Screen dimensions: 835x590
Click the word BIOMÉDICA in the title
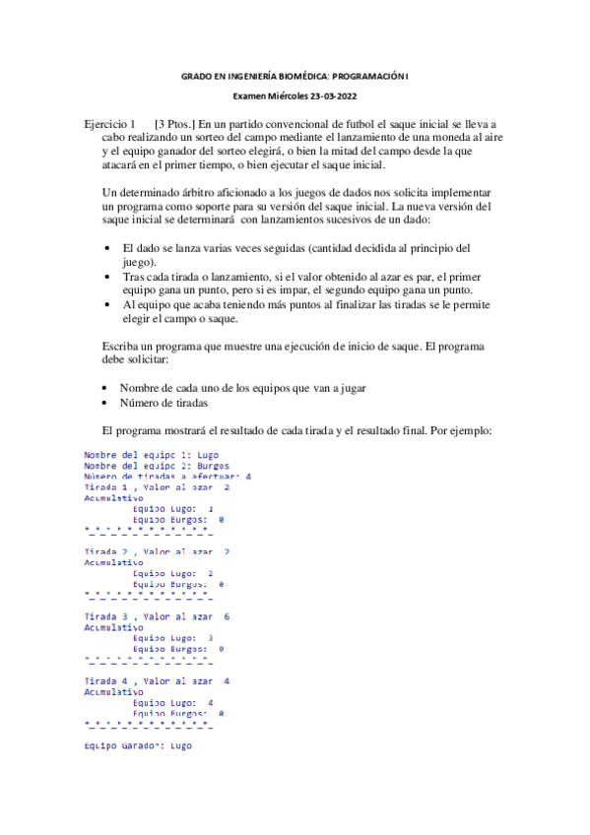coord(299,75)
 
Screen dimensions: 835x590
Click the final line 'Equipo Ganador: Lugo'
coord(138,745)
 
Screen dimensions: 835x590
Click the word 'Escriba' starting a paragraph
coord(122,346)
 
